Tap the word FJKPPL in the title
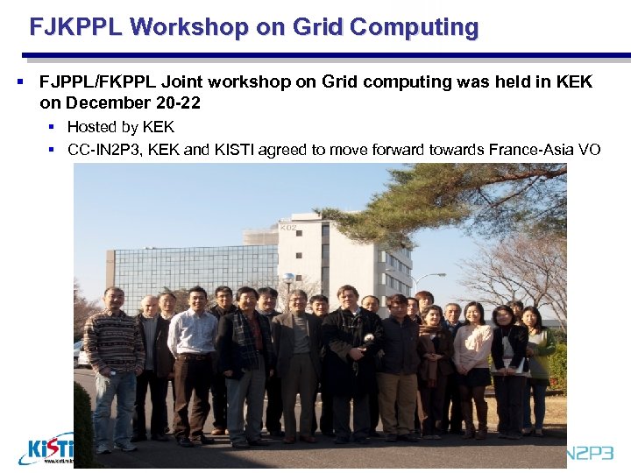75,27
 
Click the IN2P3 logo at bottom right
596,454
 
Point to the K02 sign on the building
288,228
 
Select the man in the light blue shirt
194,350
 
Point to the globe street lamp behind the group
287,279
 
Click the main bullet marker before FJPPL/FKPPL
19,82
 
